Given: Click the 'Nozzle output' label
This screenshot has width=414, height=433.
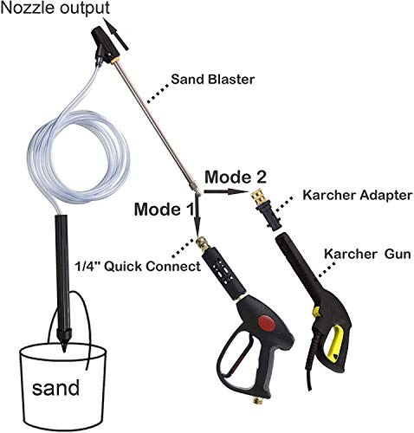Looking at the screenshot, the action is point(55,9).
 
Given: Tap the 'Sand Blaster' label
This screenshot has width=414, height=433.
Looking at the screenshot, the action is point(213,80).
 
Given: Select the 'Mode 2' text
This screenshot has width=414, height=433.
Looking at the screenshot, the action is point(236,177).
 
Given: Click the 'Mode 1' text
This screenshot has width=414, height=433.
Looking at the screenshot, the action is point(165,210).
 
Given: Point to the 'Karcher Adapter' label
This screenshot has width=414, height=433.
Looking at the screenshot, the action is point(357,196).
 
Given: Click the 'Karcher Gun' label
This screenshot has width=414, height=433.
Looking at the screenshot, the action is point(367,255).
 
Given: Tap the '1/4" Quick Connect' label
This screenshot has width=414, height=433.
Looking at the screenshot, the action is point(138,266).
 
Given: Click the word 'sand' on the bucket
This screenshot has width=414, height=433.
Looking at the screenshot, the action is point(55,388).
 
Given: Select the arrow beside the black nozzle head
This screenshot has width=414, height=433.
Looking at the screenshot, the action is point(118,36).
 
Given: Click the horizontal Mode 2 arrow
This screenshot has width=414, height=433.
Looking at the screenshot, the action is point(226,191).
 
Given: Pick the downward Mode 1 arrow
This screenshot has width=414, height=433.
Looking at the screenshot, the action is point(197,216).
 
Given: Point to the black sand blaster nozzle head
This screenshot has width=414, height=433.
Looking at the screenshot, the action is point(105,44).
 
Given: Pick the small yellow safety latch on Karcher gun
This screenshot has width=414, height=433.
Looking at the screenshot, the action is point(316,311).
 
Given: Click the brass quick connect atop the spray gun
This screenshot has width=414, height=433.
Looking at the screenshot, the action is point(204,244).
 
